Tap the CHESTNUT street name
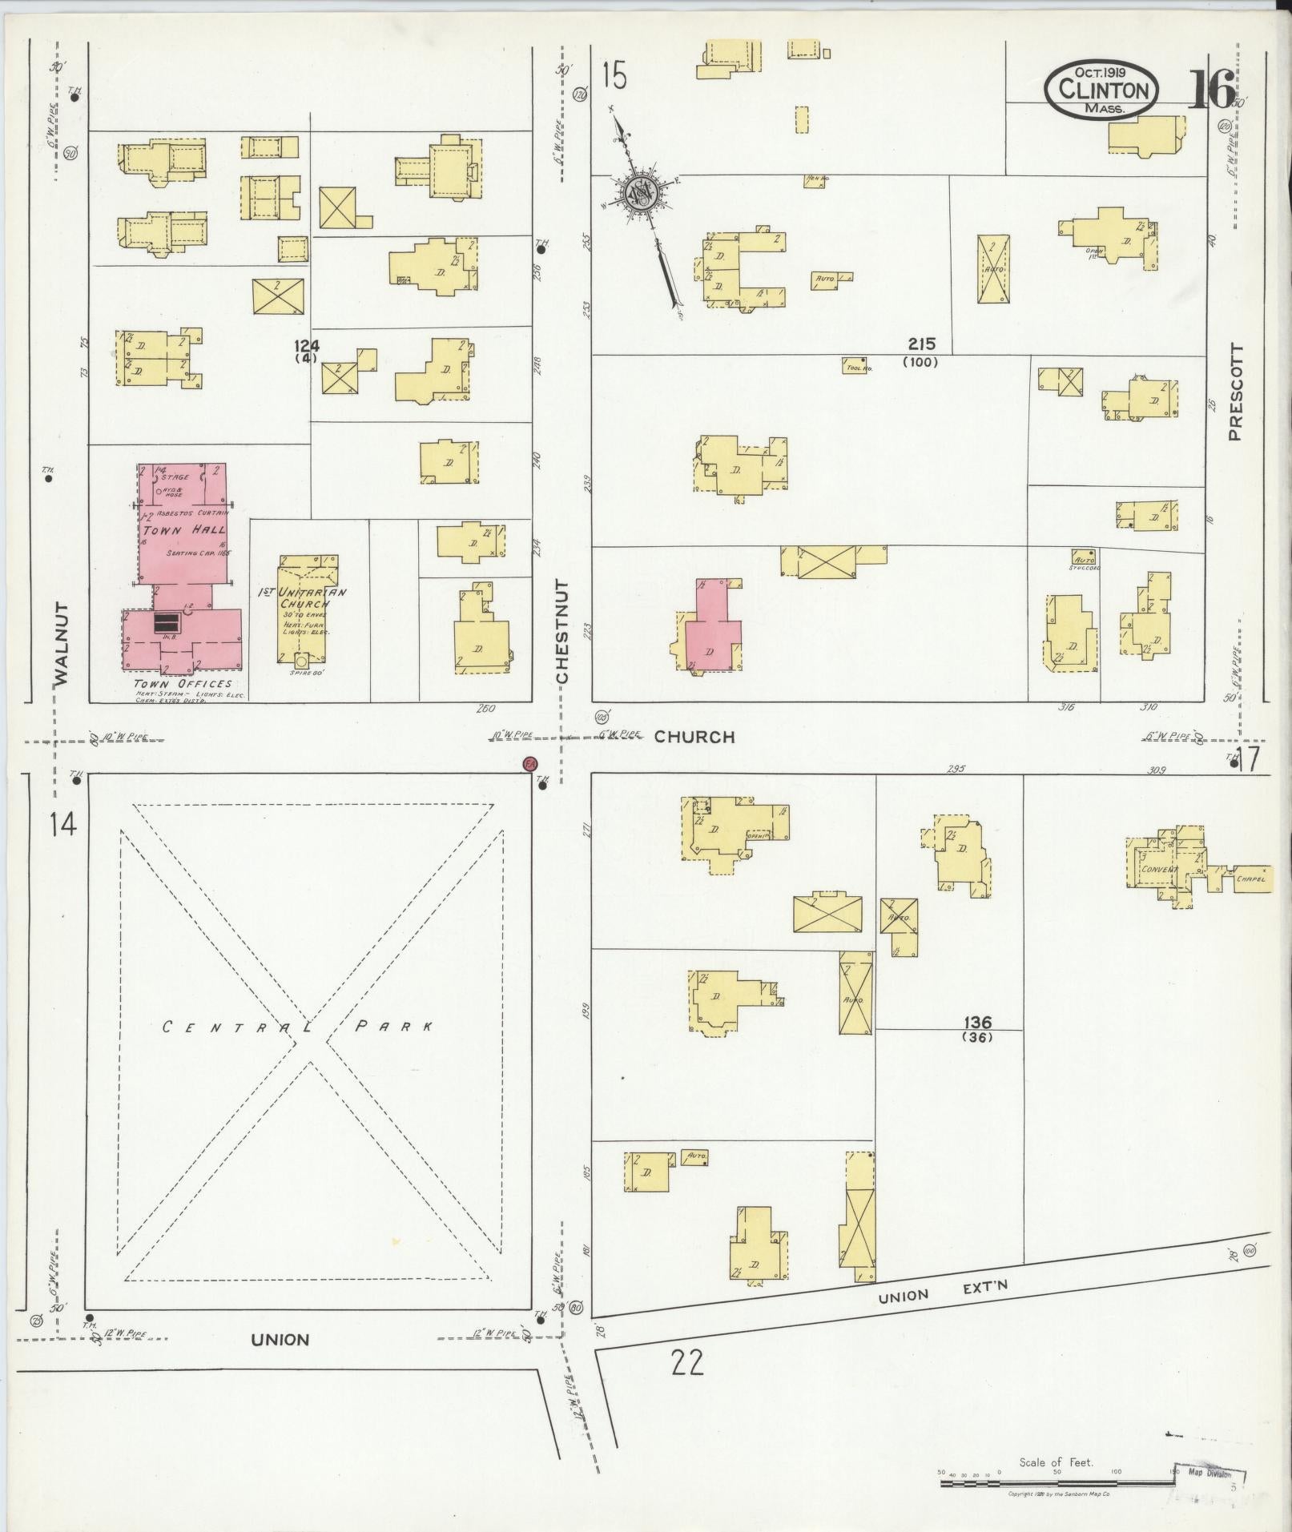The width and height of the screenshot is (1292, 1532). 562,632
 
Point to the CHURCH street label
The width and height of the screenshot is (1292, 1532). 694,737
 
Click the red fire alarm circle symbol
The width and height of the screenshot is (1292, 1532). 529,764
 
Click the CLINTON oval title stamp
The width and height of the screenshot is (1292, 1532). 1101,90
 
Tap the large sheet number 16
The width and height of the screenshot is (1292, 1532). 1211,90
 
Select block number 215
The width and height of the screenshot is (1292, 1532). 921,345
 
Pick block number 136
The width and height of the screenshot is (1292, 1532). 977,1023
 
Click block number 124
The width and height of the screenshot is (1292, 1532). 306,346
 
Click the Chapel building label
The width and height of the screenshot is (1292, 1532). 1250,879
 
